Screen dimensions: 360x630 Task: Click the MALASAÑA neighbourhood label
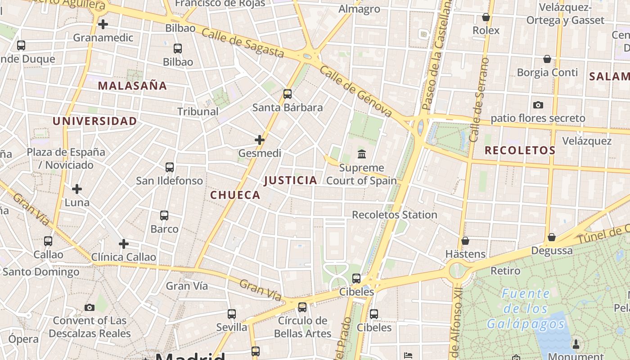coord(132,85)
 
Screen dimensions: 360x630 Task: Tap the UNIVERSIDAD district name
coord(94,121)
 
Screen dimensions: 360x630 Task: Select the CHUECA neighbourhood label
coord(235,195)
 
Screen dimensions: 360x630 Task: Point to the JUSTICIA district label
coord(291,180)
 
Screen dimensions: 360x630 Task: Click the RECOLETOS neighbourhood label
coord(520,150)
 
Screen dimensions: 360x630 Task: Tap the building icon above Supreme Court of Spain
coord(361,155)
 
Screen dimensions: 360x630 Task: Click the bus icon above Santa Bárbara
coord(288,94)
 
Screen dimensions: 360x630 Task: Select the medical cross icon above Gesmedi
coord(260,140)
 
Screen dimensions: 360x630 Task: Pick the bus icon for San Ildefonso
coord(170,167)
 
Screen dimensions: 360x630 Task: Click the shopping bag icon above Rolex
coord(486,17)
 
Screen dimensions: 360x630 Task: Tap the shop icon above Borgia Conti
coord(547,59)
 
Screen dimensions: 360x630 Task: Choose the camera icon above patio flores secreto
coord(538,105)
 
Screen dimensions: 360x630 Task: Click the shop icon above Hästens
coord(465,241)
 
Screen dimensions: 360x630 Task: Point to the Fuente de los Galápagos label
coord(526,309)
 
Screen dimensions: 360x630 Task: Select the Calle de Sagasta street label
coord(243,43)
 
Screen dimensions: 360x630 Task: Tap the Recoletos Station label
coord(394,215)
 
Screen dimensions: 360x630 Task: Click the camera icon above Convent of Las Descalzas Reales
coord(90,307)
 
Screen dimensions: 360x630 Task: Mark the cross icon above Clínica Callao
coord(124,244)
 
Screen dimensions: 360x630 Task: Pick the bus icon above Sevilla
coord(232,314)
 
